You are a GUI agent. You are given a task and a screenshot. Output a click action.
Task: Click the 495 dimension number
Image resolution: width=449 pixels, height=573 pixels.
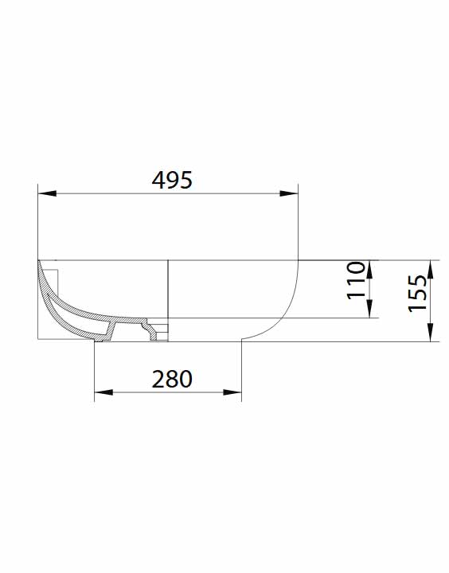(172, 180)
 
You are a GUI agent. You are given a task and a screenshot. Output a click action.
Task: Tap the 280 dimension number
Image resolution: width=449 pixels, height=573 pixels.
(172, 380)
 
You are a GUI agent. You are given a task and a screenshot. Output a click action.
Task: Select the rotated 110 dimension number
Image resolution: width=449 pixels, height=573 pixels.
(356, 280)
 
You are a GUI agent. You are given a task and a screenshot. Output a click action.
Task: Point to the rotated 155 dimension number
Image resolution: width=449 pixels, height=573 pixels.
(418, 293)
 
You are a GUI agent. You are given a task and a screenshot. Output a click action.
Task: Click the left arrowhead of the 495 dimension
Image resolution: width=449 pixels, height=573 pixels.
(47, 193)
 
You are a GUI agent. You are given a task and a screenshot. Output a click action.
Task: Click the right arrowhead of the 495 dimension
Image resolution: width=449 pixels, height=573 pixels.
(289, 193)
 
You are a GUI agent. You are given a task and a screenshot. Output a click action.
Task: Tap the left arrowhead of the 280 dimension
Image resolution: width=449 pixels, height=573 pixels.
(103, 392)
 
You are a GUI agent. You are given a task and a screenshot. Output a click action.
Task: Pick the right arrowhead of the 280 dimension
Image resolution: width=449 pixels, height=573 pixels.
(232, 392)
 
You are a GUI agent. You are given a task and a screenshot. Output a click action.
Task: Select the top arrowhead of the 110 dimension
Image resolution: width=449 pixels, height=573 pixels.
(369, 269)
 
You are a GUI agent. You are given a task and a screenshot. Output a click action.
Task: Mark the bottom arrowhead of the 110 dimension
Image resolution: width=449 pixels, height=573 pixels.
(369, 309)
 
